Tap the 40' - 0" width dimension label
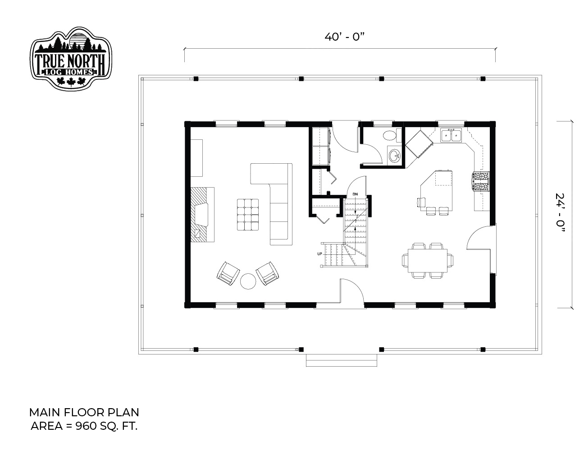click(344, 37)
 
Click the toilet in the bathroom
click(392, 135)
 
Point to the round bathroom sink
click(394, 155)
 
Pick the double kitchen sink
click(451, 135)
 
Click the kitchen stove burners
click(481, 182)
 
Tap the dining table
click(427, 260)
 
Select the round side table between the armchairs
click(248, 281)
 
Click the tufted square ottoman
click(248, 215)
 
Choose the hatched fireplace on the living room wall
click(202, 215)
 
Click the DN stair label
click(355, 194)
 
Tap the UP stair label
click(319, 254)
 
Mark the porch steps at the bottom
click(341, 360)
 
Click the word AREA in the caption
click(46, 426)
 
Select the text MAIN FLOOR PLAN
click(84, 412)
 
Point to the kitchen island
click(437, 190)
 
